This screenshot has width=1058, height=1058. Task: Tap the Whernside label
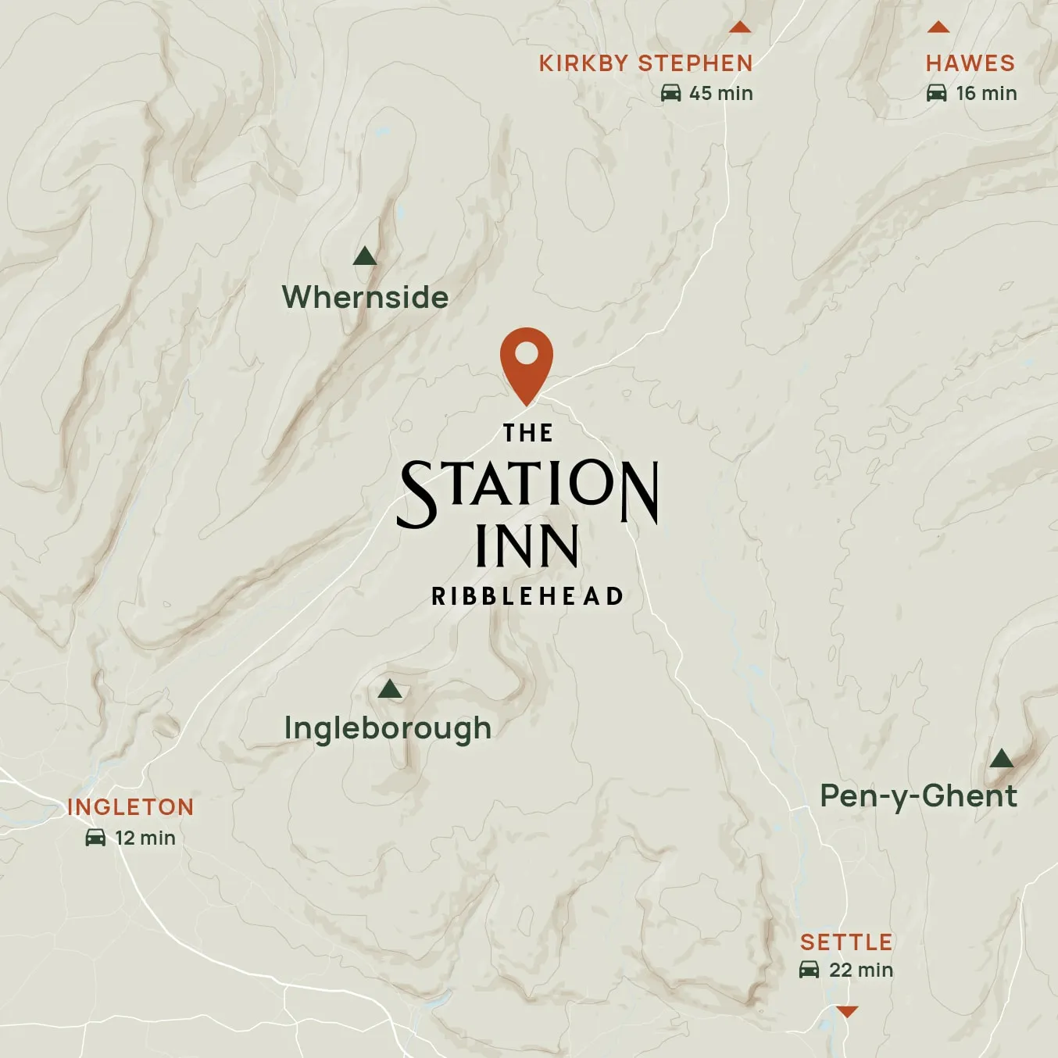tap(365, 298)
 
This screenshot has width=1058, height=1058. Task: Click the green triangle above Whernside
tap(365, 256)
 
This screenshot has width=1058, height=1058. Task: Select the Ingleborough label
tap(388, 728)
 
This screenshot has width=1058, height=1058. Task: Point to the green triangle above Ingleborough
tap(389, 689)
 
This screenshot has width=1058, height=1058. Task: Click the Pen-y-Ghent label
tap(918, 796)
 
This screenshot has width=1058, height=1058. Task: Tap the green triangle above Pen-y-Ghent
tap(1001, 758)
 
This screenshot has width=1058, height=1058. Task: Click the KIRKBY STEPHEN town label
tap(645, 63)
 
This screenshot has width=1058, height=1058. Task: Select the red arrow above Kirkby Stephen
tap(739, 28)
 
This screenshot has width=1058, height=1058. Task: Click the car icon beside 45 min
tap(670, 94)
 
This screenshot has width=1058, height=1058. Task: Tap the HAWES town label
tap(970, 63)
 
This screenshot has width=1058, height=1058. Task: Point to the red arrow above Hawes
tap(938, 28)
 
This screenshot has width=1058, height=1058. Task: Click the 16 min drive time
tap(986, 94)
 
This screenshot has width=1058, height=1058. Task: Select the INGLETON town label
tap(130, 807)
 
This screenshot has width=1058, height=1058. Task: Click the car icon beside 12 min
tap(95, 838)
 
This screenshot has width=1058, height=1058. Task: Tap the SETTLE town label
tap(846, 942)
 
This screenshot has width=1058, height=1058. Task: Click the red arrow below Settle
tap(846, 1012)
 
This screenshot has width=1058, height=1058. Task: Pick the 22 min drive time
tap(860, 970)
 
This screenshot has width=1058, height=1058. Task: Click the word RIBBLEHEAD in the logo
tap(527, 596)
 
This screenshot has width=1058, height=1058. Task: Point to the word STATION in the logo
tap(528, 488)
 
